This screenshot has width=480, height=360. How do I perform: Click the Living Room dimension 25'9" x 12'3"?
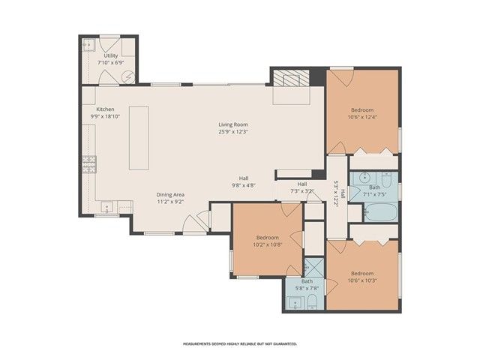coord(233,131)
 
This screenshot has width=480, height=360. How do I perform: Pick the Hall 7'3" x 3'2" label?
coord(302,187)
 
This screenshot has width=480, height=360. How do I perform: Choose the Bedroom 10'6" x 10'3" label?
coord(362,277)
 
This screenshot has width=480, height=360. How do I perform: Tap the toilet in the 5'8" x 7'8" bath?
coord(311,303)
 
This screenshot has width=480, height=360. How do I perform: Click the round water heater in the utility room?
coord(128,76)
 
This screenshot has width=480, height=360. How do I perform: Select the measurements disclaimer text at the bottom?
coord(240,343)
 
